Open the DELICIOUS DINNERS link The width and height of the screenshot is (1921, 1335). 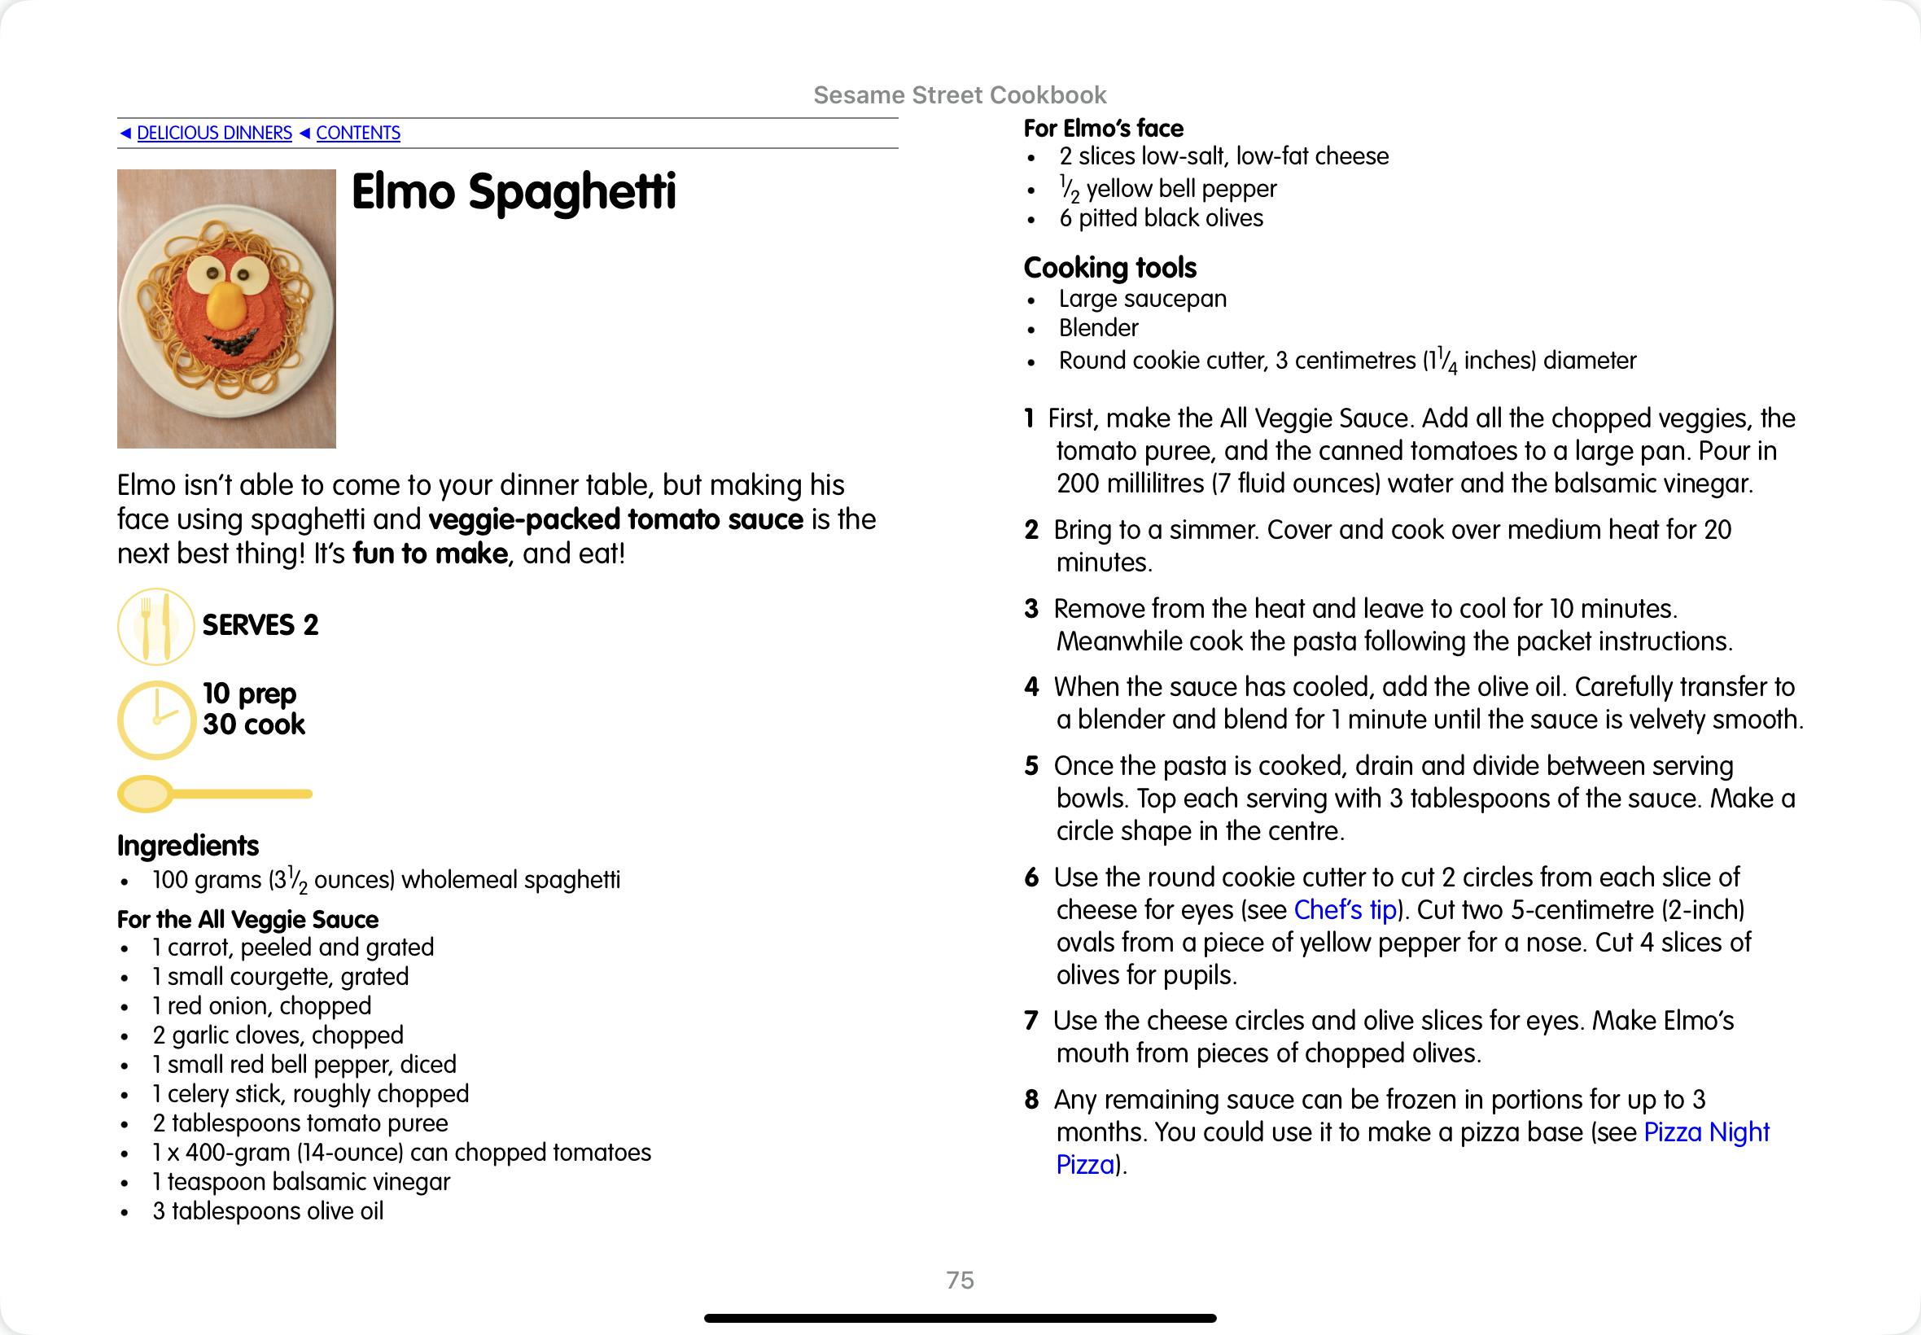214,133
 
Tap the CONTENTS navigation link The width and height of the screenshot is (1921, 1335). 358,133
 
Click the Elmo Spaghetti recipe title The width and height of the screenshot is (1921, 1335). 513,192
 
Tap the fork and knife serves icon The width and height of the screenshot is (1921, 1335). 155,627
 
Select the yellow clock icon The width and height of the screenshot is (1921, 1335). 156,720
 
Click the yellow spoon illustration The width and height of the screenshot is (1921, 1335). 214,794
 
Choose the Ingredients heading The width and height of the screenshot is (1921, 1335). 188,846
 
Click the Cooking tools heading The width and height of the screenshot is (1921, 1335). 1109,268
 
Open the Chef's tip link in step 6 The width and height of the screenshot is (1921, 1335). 1345,910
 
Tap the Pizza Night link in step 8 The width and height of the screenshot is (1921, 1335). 1706,1131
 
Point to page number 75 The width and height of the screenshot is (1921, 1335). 960,1280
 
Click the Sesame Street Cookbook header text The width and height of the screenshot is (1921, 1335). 960,95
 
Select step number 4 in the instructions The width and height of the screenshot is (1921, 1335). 1031,688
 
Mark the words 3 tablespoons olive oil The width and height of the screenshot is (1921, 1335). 268,1211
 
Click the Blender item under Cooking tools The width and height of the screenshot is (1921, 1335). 1098,328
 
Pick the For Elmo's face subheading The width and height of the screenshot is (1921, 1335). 1103,129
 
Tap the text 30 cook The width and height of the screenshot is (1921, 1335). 253,724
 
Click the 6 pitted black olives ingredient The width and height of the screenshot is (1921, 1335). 1161,218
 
